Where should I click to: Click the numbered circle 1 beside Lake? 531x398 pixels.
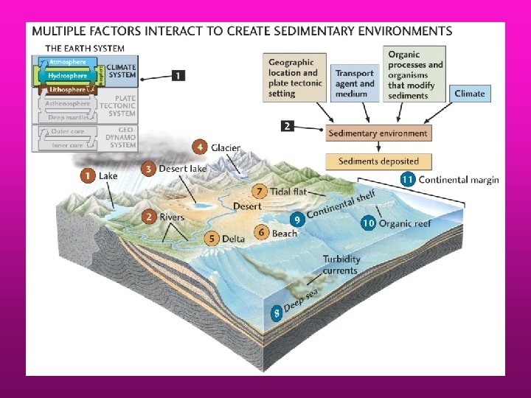88,175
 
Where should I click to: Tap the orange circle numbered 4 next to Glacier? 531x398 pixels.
199,147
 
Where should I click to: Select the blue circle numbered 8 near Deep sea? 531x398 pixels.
277,313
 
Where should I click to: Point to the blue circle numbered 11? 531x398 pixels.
407,179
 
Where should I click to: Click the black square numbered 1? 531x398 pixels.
178,75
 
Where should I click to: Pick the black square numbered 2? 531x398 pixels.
289,126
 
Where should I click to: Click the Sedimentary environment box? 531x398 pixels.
378,133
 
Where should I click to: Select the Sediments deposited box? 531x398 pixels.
378,161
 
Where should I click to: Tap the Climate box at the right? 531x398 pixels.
470,94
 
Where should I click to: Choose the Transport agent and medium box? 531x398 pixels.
355,83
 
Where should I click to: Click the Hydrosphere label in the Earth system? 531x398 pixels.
67,75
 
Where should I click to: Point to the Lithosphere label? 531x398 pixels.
67,89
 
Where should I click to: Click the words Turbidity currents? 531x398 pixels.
340,265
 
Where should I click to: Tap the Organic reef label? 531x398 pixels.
406,223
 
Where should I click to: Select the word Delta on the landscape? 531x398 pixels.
233,238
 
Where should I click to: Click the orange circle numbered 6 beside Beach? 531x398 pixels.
261,232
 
